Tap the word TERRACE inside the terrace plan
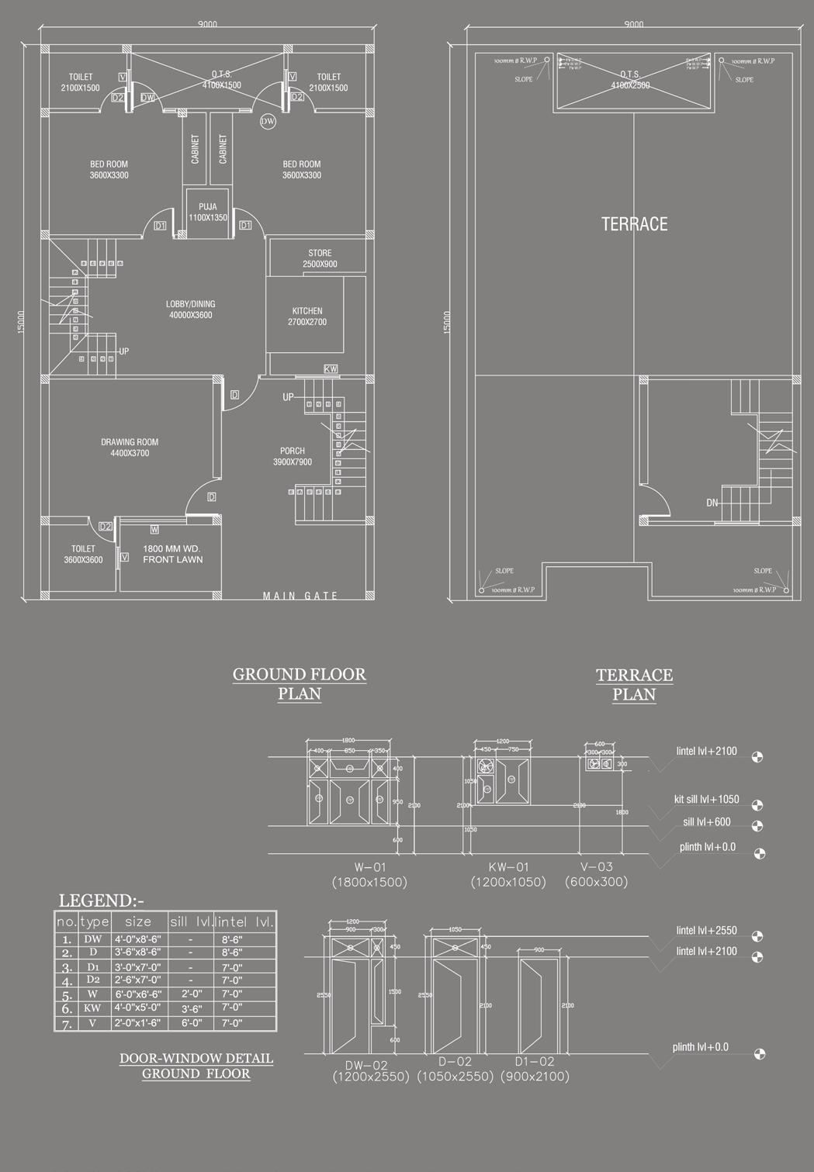(634, 224)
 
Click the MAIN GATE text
(300, 596)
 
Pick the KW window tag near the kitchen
(331, 369)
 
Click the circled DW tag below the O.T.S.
(267, 121)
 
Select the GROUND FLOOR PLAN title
(300, 683)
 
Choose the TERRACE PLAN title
(634, 684)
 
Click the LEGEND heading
(101, 901)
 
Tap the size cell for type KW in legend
(138, 1008)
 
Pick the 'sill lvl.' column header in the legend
(190, 921)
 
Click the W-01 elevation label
(369, 867)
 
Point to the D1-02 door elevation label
(535, 1062)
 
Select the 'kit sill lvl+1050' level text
(706, 800)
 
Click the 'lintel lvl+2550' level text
(706, 931)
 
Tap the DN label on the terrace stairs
(712, 503)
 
